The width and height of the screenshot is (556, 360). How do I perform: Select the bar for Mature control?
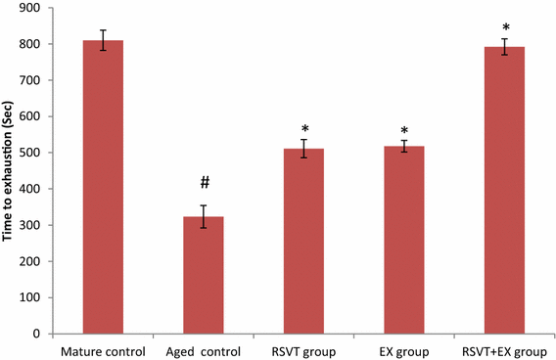coord(103,187)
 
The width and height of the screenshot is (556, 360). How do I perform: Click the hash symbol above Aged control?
coord(204,183)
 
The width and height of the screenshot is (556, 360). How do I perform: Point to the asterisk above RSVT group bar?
coord(304,129)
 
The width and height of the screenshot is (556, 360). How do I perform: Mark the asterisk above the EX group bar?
coord(404,129)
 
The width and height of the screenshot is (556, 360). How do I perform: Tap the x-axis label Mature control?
coord(103,349)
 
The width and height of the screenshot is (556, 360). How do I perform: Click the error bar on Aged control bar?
coord(203,216)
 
